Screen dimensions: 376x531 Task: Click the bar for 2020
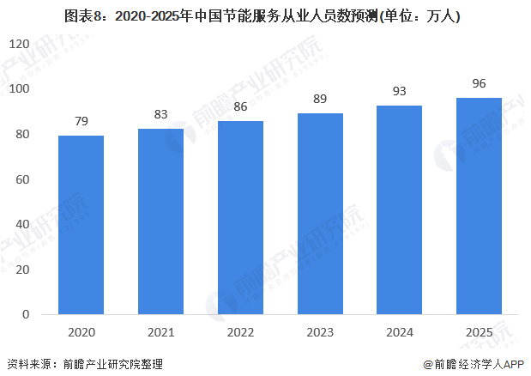(x=81, y=225)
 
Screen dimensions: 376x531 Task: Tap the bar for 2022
(x=241, y=218)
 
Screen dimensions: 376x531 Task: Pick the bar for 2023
(x=321, y=214)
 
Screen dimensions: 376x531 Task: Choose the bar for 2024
(x=400, y=209)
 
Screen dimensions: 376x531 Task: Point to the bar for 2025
(x=480, y=206)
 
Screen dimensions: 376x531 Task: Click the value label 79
(x=81, y=120)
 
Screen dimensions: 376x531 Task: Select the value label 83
(x=161, y=112)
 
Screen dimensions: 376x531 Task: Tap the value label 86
(x=241, y=106)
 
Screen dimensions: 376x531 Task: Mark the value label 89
(x=321, y=99)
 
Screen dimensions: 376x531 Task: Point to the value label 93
(x=400, y=90)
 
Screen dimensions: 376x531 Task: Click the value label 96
(x=480, y=83)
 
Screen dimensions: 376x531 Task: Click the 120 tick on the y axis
(x=20, y=44)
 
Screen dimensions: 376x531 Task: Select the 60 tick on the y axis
(x=23, y=179)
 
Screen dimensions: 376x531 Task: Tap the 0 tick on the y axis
(x=27, y=315)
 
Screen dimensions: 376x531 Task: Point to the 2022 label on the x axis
(x=241, y=331)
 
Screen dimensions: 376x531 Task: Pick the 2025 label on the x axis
(x=480, y=331)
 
